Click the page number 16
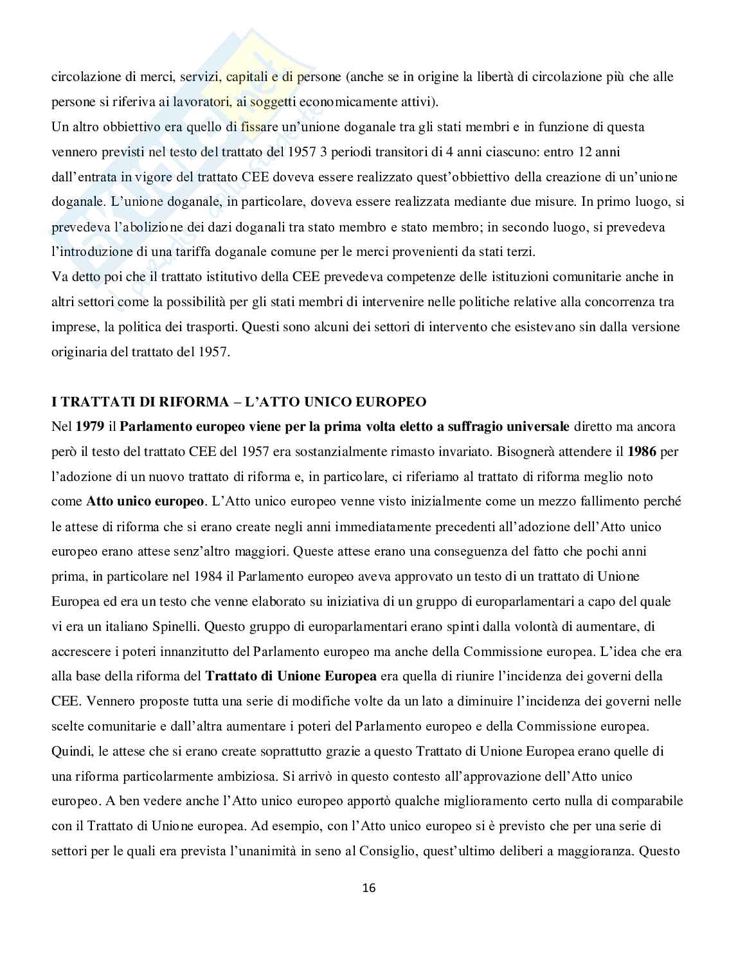pyautogui.click(x=369, y=888)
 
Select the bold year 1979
pyautogui.click(x=89, y=426)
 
